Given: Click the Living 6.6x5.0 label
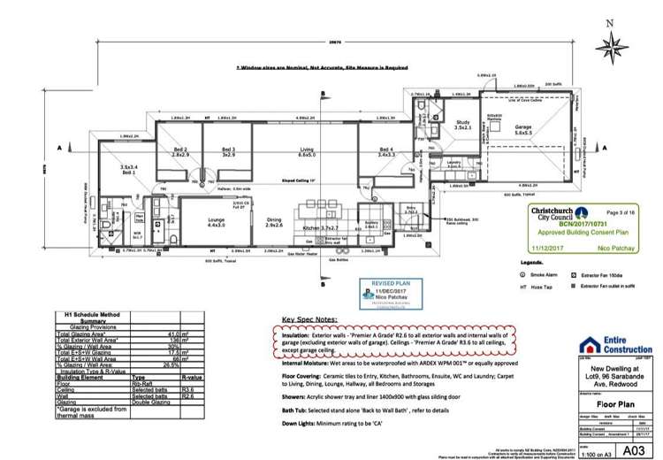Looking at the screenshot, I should (x=307, y=151).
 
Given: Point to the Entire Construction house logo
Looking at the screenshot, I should (x=591, y=344).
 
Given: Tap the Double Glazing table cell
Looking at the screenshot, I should (x=149, y=402).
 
